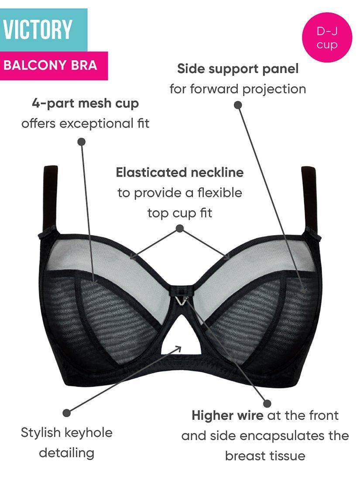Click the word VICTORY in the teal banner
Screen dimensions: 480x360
click(38, 30)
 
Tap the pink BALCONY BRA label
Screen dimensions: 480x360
click(50, 66)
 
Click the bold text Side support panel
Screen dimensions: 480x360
click(238, 69)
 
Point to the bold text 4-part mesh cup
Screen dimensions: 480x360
click(86, 103)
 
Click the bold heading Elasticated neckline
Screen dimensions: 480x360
click(179, 172)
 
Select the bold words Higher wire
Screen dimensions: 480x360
click(227, 415)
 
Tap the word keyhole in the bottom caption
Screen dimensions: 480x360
click(89, 432)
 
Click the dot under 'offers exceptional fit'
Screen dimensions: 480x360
click(81, 141)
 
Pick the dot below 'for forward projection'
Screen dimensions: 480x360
click(238, 105)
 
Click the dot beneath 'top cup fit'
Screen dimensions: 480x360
click(179, 228)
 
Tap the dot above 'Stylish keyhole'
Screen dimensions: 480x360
click(67, 412)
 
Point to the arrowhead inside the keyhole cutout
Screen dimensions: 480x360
click(178, 348)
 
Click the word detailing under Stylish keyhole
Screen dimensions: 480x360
click(67, 453)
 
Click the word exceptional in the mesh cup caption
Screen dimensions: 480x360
click(90, 123)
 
